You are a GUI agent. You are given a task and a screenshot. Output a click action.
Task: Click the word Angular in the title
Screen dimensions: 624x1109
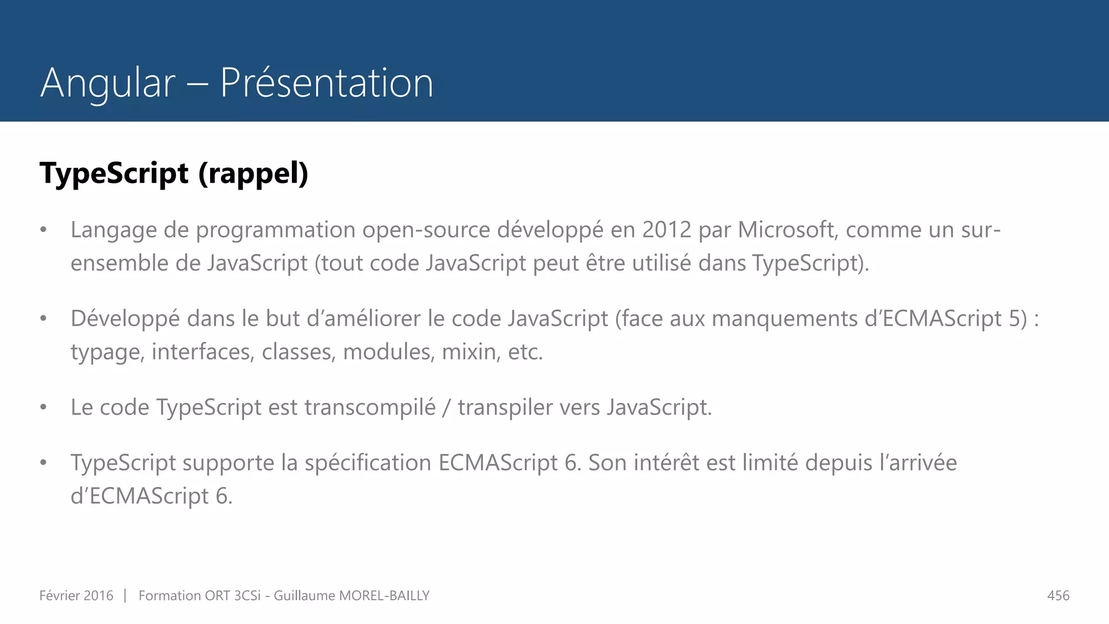pyautogui.click(x=108, y=83)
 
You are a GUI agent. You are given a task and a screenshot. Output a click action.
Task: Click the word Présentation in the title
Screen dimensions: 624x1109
pyautogui.click(x=327, y=83)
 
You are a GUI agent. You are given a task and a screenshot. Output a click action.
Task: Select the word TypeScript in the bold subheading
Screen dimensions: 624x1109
pyautogui.click(x=114, y=173)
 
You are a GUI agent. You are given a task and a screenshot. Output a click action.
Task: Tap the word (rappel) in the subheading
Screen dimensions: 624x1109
pyautogui.click(x=253, y=173)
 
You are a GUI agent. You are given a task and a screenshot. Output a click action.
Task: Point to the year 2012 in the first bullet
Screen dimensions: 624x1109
pyautogui.click(x=667, y=230)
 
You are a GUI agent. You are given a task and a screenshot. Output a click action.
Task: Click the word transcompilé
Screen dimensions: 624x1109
pyautogui.click(x=370, y=407)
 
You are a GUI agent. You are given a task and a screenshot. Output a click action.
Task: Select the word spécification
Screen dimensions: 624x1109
pyautogui.click(x=368, y=463)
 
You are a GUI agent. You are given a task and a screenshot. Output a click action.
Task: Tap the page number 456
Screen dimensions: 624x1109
pyautogui.click(x=1058, y=596)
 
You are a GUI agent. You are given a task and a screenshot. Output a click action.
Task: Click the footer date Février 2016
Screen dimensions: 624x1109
pyautogui.click(x=76, y=596)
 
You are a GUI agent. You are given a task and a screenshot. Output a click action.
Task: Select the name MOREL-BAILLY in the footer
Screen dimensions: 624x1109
pyautogui.click(x=384, y=596)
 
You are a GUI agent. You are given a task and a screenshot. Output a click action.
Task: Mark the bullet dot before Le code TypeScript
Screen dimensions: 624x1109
pyautogui.click(x=43, y=407)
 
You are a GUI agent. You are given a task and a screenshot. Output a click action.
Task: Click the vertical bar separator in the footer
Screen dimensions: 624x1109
pyautogui.click(x=125, y=596)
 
